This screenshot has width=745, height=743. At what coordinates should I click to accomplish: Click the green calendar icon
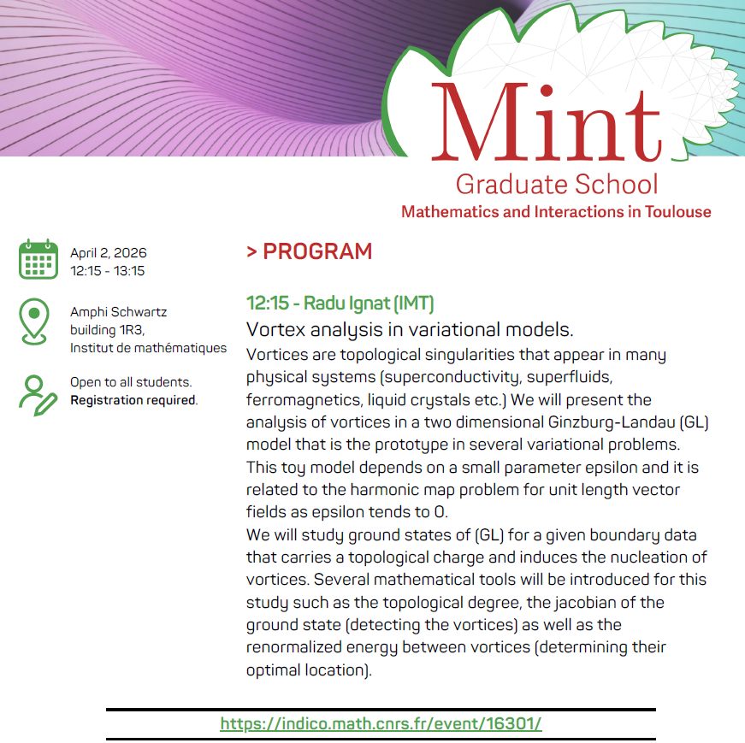tap(38, 260)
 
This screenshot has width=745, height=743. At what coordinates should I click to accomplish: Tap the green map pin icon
tap(35, 322)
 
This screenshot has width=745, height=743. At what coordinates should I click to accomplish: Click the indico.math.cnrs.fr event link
tap(381, 723)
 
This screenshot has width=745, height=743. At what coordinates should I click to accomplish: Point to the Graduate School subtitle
tap(557, 184)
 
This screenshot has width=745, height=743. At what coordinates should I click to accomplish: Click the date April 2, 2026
tap(109, 253)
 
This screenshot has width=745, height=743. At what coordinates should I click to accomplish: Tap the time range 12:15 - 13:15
tap(107, 271)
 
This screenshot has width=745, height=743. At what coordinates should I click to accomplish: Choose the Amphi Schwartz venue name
tap(118, 312)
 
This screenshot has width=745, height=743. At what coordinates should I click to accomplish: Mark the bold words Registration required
tap(133, 400)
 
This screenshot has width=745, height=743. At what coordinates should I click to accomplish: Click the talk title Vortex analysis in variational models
tap(410, 329)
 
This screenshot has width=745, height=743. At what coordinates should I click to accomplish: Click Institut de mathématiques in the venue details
tap(149, 348)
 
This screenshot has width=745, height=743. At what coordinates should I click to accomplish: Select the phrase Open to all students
tap(131, 382)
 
